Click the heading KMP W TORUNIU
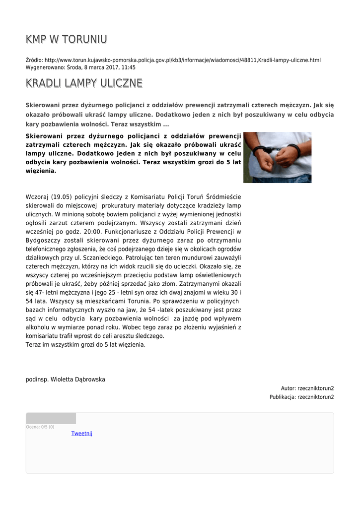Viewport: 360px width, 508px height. point(67,40)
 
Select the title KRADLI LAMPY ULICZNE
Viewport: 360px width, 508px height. point(84,83)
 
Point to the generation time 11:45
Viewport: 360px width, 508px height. point(129,67)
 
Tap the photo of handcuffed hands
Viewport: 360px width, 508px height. point(277,157)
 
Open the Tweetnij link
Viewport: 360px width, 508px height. point(81,434)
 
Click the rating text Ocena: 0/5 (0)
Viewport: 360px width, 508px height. point(40,427)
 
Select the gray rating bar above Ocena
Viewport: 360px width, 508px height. point(51,418)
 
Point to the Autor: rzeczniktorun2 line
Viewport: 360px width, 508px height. point(307,388)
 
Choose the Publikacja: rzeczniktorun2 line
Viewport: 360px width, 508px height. point(301,397)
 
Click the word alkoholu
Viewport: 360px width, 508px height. point(38,327)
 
